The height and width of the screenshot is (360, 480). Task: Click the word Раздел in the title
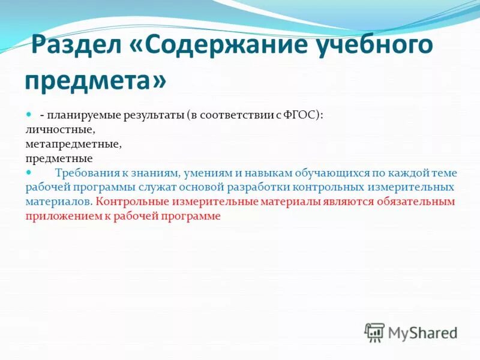tap(77, 47)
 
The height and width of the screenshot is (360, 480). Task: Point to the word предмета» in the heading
tap(96, 80)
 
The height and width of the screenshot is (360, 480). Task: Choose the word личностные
tap(60, 129)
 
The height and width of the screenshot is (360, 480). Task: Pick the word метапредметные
tap(73, 144)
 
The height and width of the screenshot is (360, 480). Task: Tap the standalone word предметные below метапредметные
tap(59, 158)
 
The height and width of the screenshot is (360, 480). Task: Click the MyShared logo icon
tap(374, 332)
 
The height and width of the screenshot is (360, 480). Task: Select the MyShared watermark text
tap(423, 332)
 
